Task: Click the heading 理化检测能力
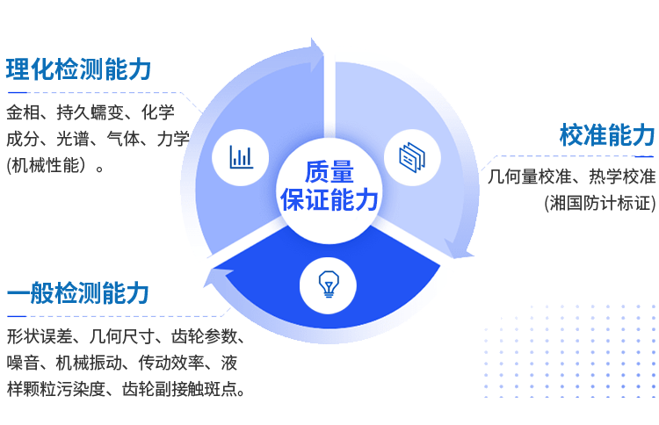point(79,70)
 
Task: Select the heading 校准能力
point(606,135)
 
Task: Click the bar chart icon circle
point(240,157)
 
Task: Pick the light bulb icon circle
point(329,284)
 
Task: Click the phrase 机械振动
point(87,363)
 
